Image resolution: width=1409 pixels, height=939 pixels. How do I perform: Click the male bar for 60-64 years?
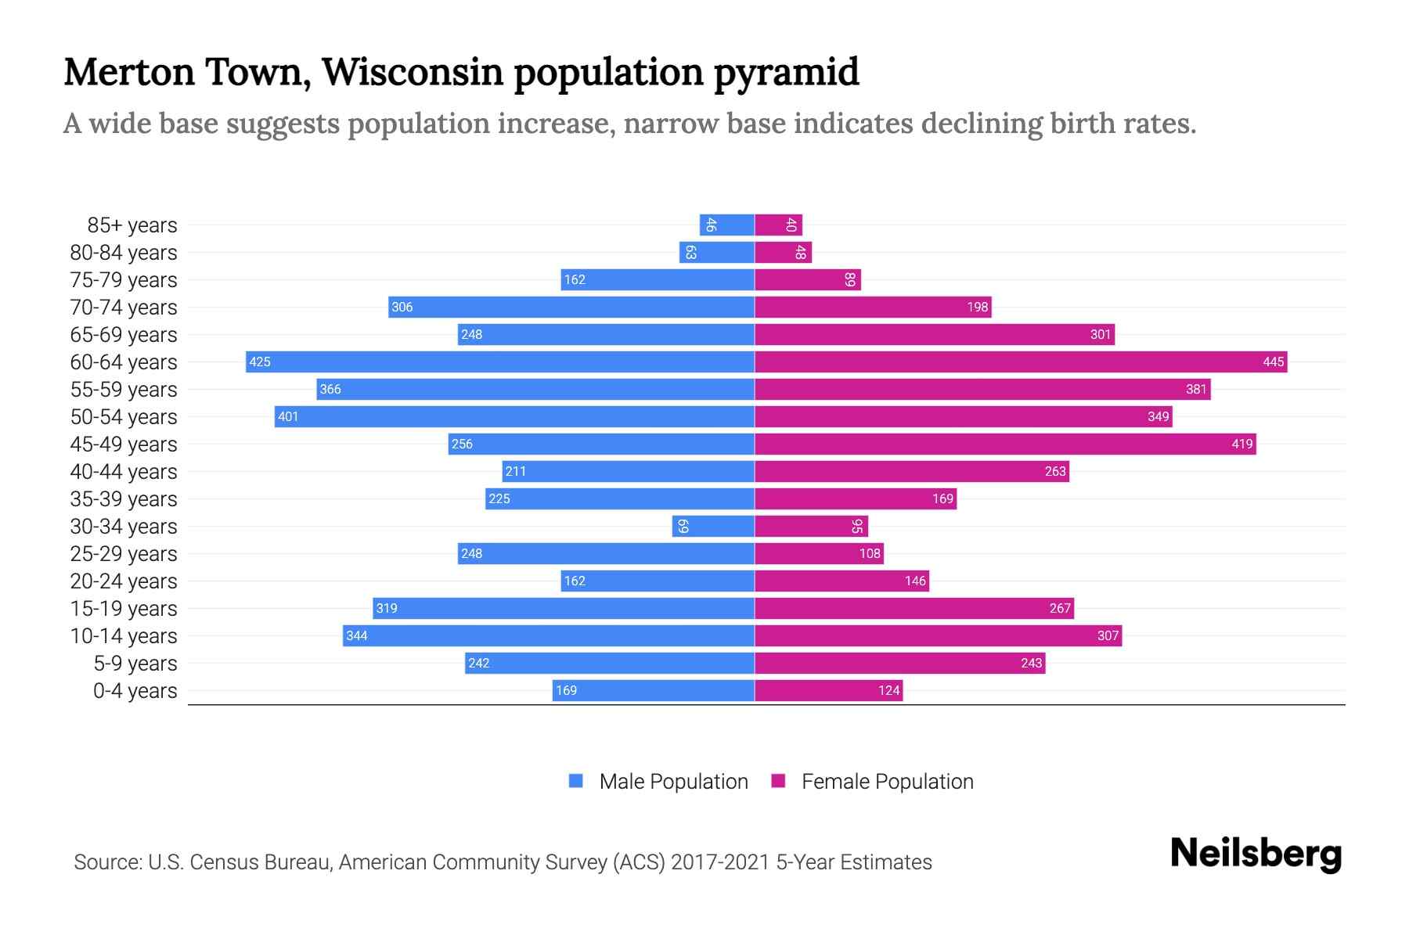coord(501,362)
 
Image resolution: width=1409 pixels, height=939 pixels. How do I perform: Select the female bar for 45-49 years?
coord(1005,444)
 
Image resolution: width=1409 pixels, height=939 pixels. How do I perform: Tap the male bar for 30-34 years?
coord(713,526)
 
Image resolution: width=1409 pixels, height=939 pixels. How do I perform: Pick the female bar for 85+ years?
coord(778,225)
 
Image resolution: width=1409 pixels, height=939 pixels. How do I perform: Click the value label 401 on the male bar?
coord(288,416)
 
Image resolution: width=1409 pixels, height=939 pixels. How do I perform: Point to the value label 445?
coord(1273,362)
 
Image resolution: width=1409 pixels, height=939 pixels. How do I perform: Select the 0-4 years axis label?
coord(135,690)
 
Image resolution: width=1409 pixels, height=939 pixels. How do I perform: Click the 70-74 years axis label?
coord(124,307)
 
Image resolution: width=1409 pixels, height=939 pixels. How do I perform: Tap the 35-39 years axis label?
coord(124,498)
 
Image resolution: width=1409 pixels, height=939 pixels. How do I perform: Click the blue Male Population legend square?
coord(576,781)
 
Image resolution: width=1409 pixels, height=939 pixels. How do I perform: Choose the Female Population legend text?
coord(887,781)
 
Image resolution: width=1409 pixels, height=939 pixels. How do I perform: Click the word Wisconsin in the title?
coord(413,72)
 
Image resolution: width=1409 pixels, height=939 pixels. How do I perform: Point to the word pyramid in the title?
coord(786,72)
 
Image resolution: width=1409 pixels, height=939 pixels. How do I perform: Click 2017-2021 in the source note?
coord(720,862)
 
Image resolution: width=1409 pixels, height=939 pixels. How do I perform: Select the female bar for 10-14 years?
coord(938,635)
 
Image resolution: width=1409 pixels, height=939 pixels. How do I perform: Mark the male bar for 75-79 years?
coord(658,279)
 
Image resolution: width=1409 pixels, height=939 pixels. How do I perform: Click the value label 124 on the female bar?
coord(888,690)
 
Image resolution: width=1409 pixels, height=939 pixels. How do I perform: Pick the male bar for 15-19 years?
coord(564,608)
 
